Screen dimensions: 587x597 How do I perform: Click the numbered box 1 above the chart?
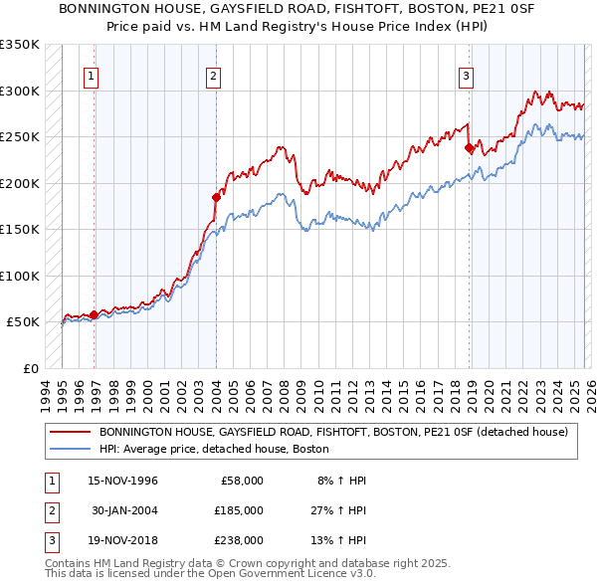tap(91, 75)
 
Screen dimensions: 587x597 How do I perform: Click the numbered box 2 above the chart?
tap(213, 75)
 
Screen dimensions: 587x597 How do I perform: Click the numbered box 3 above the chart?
tap(466, 75)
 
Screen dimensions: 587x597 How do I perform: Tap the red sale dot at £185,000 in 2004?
tap(216, 197)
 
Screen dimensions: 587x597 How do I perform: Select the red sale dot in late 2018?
tap(469, 148)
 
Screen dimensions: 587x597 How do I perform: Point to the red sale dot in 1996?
tap(94, 314)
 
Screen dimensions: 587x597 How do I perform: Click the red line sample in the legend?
tap(71, 433)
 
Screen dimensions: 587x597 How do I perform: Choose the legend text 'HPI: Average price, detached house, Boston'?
tap(214, 450)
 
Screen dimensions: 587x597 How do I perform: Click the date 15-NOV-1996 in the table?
tap(123, 481)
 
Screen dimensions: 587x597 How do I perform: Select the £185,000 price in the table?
tap(241, 510)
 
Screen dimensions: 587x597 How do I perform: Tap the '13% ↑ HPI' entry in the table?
tap(339, 540)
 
